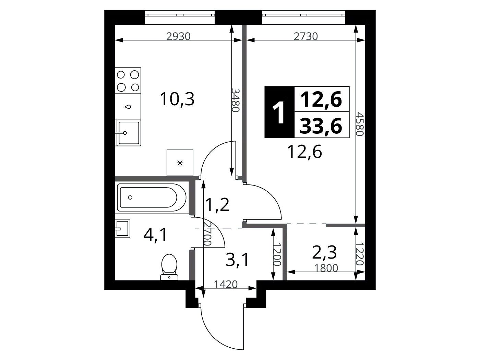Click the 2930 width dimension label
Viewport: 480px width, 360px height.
(178, 36)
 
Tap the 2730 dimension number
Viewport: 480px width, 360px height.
(305, 36)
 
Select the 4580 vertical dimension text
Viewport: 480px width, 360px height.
(359, 124)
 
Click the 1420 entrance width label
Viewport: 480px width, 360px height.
(226, 285)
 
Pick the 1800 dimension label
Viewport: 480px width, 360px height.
(326, 268)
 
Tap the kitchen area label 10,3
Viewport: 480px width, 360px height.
(177, 99)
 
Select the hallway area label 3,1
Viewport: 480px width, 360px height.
(237, 260)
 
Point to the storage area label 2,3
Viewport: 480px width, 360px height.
(324, 252)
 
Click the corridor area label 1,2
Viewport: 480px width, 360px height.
(218, 204)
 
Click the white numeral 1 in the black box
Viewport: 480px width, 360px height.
(279, 112)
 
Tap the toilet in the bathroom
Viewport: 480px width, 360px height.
(169, 267)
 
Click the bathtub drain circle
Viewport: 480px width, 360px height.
(130, 197)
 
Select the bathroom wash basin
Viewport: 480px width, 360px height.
(122, 228)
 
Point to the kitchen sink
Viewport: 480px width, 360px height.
(128, 133)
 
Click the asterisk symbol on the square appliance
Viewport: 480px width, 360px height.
(180, 163)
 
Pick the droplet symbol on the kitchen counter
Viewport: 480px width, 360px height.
(128, 107)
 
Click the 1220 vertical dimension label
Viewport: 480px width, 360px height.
(360, 254)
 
